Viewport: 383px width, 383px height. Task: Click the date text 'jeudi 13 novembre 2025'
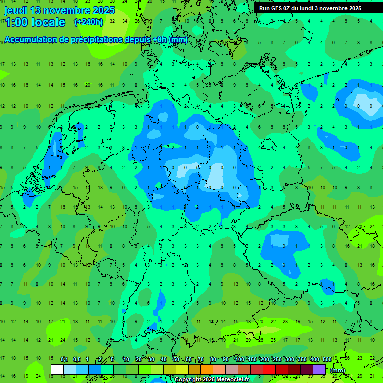coord(60,10)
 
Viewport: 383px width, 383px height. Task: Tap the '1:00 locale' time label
coord(35,22)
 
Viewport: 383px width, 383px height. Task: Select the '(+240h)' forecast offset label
coord(88,22)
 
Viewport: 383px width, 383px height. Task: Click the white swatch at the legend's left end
coord(57,369)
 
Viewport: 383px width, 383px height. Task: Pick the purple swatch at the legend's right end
coord(319,369)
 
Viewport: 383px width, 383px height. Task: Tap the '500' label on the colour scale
coord(327,359)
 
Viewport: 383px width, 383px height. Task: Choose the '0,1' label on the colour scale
coord(64,359)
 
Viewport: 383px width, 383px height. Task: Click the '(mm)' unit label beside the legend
coord(338,370)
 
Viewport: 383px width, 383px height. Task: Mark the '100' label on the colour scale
coord(240,359)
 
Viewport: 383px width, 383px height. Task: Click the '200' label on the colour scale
coord(265,359)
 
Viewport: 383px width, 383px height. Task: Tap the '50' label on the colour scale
coord(176,359)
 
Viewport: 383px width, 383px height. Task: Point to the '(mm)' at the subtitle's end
coord(178,40)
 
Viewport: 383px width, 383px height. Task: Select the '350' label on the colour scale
coord(302,359)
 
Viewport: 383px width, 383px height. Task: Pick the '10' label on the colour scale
coord(126,359)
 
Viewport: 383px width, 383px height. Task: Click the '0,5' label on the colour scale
coord(77,359)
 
